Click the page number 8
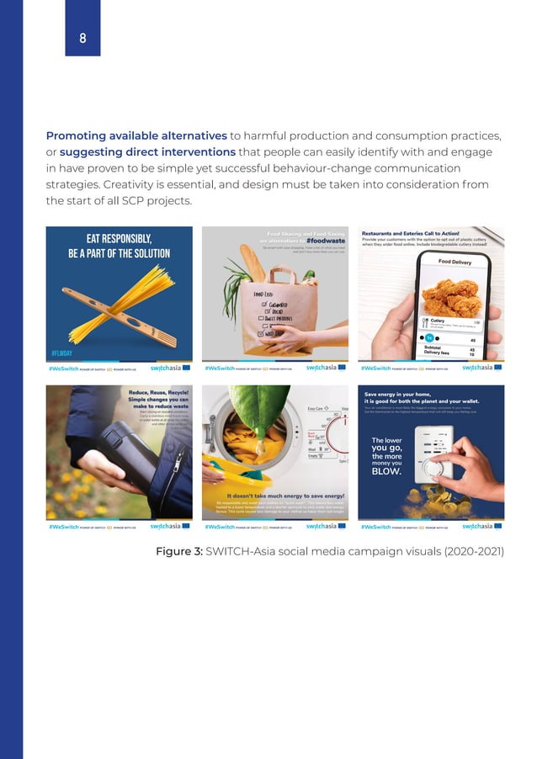(x=82, y=38)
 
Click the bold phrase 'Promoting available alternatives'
(x=136, y=136)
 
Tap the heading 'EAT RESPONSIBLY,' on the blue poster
(x=119, y=239)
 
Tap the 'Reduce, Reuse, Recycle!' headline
(x=158, y=393)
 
